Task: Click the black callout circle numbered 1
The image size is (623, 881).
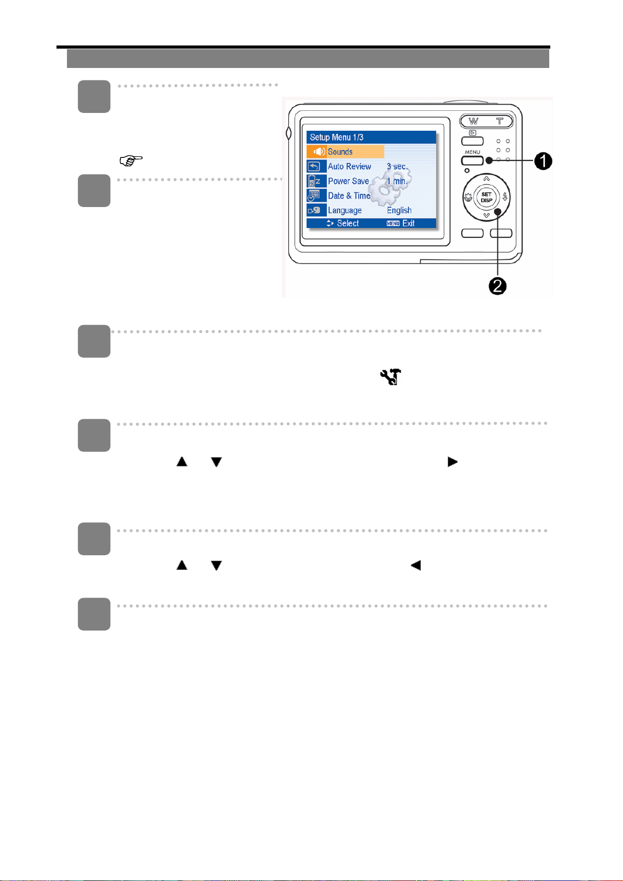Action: pos(543,162)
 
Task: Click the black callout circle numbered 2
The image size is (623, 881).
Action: pos(497,286)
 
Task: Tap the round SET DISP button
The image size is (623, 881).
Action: pos(486,197)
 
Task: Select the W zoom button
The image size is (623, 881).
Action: pos(473,121)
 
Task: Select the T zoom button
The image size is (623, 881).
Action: pos(500,121)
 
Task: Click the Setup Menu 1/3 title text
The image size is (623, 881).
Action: pos(336,138)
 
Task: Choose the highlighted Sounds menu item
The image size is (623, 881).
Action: pos(340,152)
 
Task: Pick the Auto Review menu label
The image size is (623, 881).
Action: pos(349,166)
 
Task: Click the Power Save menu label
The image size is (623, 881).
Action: pos(348,181)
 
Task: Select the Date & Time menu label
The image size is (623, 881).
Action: pos(349,196)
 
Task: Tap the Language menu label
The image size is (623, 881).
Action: pos(345,210)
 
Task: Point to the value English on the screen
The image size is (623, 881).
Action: pos(399,210)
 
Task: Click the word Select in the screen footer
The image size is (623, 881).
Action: pos(348,223)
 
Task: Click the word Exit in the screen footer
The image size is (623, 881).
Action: pos(409,223)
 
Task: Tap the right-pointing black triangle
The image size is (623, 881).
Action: pos(452,462)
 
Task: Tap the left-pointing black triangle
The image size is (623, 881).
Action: pos(416,565)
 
